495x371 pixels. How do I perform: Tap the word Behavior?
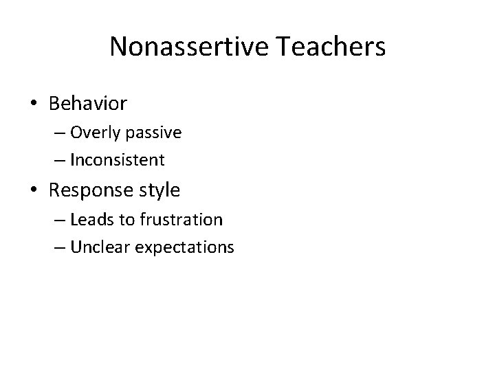88,104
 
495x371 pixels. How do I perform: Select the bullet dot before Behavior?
34,104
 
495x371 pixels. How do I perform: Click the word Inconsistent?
117,161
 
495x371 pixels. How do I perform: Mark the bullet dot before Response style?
34,191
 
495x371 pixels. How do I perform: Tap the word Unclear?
96,247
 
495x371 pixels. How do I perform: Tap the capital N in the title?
118,47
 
